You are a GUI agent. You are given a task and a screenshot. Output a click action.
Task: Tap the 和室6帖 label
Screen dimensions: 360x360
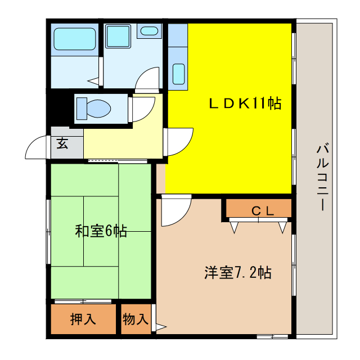pos(101,231)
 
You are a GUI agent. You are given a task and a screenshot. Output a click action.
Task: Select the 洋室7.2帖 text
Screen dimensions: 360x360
pos(237,273)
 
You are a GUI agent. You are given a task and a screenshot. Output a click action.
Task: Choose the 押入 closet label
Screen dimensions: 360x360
pos(83,319)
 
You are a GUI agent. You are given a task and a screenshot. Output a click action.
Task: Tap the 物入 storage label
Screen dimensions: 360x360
pos(135,319)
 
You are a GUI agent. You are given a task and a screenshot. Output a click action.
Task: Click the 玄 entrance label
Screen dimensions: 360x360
pos(62,143)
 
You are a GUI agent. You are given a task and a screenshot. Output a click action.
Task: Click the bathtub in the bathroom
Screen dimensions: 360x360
pos(73,39)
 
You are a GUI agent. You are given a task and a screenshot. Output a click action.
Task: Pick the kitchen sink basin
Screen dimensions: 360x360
pos(178,74)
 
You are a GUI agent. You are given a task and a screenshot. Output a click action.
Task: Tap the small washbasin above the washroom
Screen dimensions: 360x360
pos(149,31)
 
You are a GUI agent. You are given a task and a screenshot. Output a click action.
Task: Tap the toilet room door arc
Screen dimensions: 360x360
pos(143,108)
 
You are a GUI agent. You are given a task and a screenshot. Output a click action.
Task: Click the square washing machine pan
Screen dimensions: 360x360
pos(118,36)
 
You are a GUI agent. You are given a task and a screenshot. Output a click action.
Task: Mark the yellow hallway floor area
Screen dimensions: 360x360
pos(121,141)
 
